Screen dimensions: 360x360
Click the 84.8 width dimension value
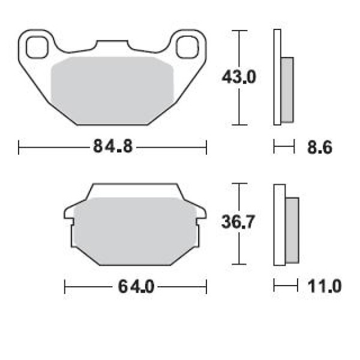(x=113, y=146)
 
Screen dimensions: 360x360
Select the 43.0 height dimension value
(x=239, y=77)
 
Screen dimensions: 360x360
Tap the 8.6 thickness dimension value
(x=320, y=148)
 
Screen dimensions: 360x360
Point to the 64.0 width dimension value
(x=136, y=287)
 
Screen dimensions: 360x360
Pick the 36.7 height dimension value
(x=238, y=222)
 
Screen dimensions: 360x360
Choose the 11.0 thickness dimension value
(x=324, y=286)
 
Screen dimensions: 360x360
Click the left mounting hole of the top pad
(x=37, y=47)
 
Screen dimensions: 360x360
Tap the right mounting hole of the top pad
(x=187, y=47)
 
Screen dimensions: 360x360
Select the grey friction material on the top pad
(x=112, y=91)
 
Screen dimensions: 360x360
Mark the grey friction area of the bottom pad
(x=135, y=231)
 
